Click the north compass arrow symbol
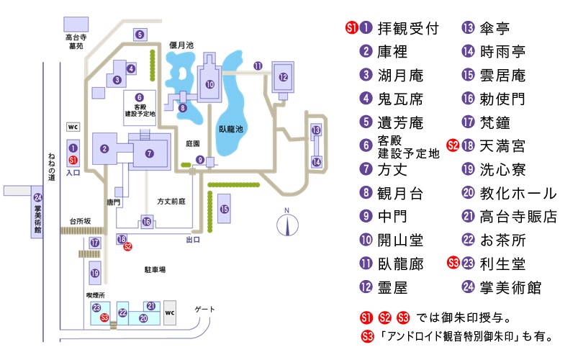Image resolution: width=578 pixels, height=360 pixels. [286, 225]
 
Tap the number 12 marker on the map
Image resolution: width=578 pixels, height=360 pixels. [283, 77]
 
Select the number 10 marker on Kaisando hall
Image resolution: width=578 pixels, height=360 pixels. [209, 84]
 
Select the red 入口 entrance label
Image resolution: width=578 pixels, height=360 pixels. [73, 173]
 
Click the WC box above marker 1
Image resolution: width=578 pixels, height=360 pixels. [73, 125]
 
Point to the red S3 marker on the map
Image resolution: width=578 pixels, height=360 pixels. [104, 317]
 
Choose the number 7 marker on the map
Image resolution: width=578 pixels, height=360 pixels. [149, 153]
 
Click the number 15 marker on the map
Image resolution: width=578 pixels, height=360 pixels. [225, 209]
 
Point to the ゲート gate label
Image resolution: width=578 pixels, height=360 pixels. [206, 310]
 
